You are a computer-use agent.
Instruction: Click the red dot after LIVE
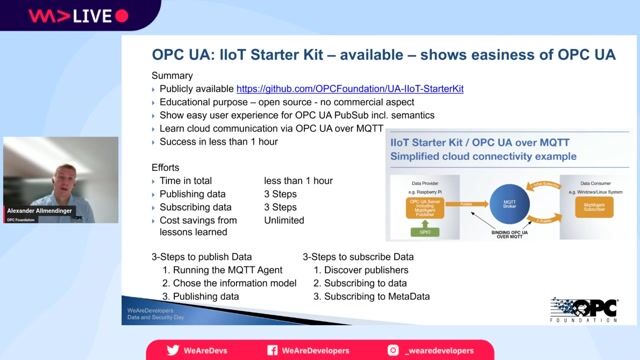tap(122, 16)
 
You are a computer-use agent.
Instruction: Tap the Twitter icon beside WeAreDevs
tap(173, 350)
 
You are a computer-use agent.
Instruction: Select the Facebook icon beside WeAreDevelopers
tap(273, 350)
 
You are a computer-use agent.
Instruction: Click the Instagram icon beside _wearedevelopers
tap(395, 350)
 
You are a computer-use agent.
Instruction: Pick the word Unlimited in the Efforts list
tap(284, 220)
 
